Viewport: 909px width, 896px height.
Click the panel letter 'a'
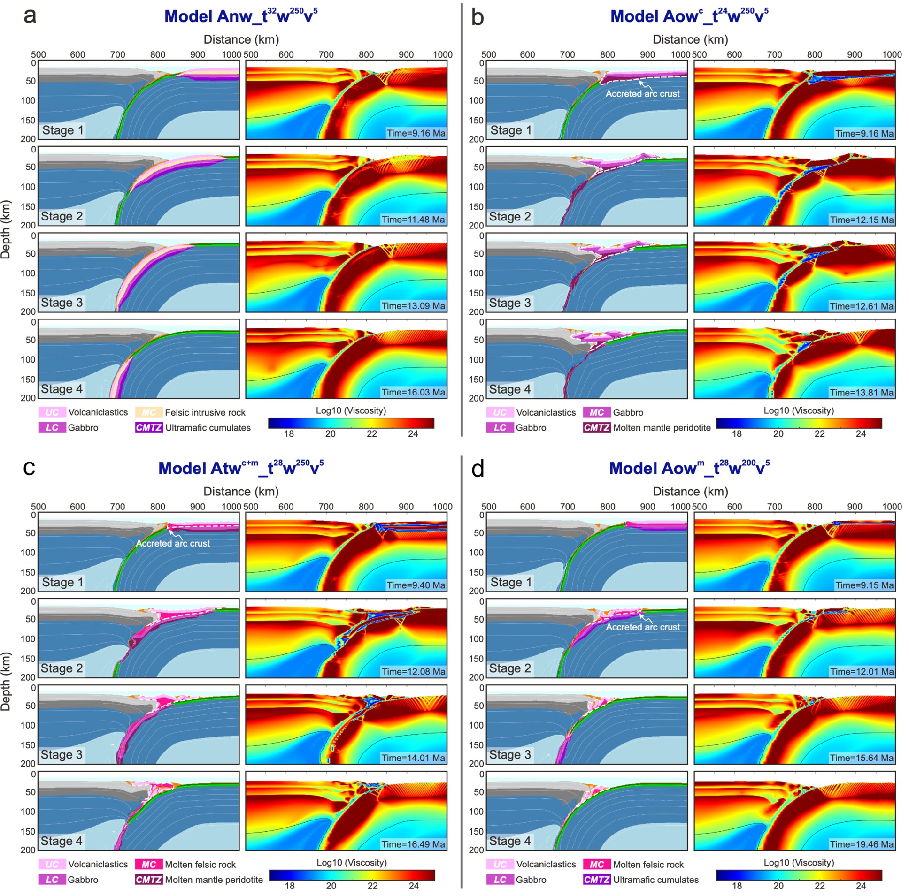tap(30, 15)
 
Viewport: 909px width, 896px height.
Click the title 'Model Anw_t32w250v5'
tap(240, 16)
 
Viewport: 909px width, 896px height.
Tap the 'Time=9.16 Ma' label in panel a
tap(416, 133)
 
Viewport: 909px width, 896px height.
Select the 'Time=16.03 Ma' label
tap(413, 392)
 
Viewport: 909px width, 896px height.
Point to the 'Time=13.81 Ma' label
tap(862, 392)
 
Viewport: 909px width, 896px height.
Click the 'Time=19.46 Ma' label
tap(862, 844)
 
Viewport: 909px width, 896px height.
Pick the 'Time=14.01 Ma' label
tap(413, 757)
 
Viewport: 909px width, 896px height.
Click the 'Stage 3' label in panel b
tap(509, 303)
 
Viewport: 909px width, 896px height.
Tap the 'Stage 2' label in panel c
tap(62, 668)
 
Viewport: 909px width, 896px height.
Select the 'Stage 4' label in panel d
tap(509, 841)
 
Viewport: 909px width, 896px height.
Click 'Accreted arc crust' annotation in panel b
tap(642, 93)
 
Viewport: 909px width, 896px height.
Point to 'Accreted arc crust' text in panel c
tap(173, 543)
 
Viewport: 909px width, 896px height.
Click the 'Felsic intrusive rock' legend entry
tap(205, 412)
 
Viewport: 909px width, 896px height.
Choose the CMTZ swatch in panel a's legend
tap(149, 427)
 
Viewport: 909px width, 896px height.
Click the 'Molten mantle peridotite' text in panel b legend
tap(662, 427)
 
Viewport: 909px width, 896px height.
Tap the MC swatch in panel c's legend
tap(149, 864)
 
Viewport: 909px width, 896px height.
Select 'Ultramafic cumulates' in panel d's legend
tap(655, 880)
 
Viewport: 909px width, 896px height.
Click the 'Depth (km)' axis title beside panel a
tap(6, 229)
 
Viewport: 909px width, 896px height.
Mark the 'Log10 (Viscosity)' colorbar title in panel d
tap(799, 862)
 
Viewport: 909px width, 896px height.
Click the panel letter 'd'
tap(478, 469)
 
